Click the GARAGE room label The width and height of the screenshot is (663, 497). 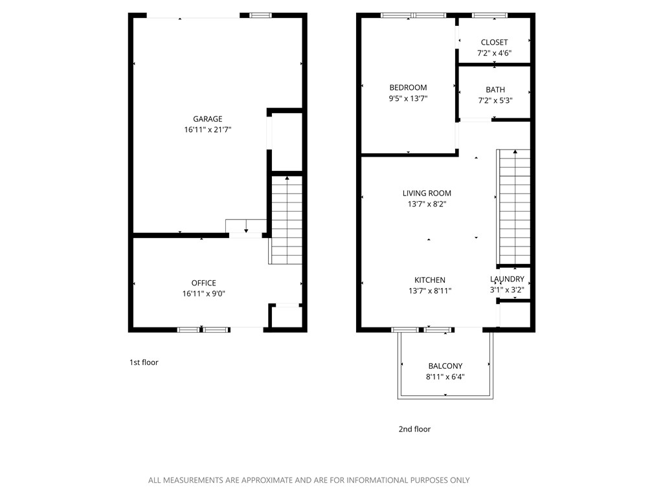pos(207,118)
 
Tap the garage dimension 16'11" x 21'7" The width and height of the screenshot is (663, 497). pos(207,129)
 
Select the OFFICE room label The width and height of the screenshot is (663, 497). pos(203,283)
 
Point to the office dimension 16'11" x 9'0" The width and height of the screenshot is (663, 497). pos(203,293)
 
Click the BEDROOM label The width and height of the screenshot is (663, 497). pos(408,87)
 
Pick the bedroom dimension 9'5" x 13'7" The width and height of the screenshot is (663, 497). pos(408,98)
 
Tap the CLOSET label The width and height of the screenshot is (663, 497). pos(494,42)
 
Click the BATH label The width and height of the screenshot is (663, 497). pos(495,89)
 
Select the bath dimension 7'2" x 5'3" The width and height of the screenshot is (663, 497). pos(495,100)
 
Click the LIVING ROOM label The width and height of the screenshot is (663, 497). pos(427,193)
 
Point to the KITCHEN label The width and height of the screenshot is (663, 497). pos(430,280)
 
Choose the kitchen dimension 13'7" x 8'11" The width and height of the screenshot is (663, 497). pos(430,291)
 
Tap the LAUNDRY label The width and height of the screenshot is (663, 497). pos(507,279)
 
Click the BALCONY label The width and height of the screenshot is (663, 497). pos(445,366)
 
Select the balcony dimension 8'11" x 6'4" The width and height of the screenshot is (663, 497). pos(445,376)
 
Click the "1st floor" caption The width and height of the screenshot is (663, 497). pos(144,362)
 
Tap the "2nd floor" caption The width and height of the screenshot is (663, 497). pos(414,429)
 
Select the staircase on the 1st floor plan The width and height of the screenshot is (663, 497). pos(286,220)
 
